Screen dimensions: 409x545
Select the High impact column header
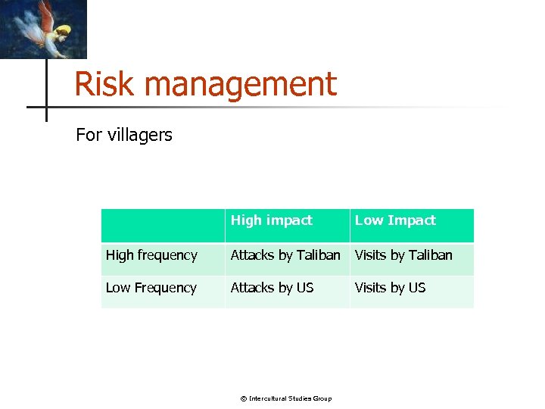[271, 220]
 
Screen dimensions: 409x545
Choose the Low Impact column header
[395, 220]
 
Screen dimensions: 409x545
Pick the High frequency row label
[151, 255]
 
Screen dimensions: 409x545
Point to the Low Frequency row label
[151, 288]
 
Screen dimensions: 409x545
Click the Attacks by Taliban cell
[285, 255]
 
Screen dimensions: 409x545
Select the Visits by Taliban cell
[403, 255]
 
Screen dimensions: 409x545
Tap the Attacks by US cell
[271, 288]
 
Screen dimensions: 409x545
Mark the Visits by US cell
[390, 288]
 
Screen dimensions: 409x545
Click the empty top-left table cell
[163, 226]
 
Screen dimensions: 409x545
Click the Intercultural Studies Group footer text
[291, 398]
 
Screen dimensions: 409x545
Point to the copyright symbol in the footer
[244, 398]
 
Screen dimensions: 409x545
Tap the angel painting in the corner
[43, 29]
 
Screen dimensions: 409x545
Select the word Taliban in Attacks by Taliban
[319, 255]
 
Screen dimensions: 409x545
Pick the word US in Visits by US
[416, 288]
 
